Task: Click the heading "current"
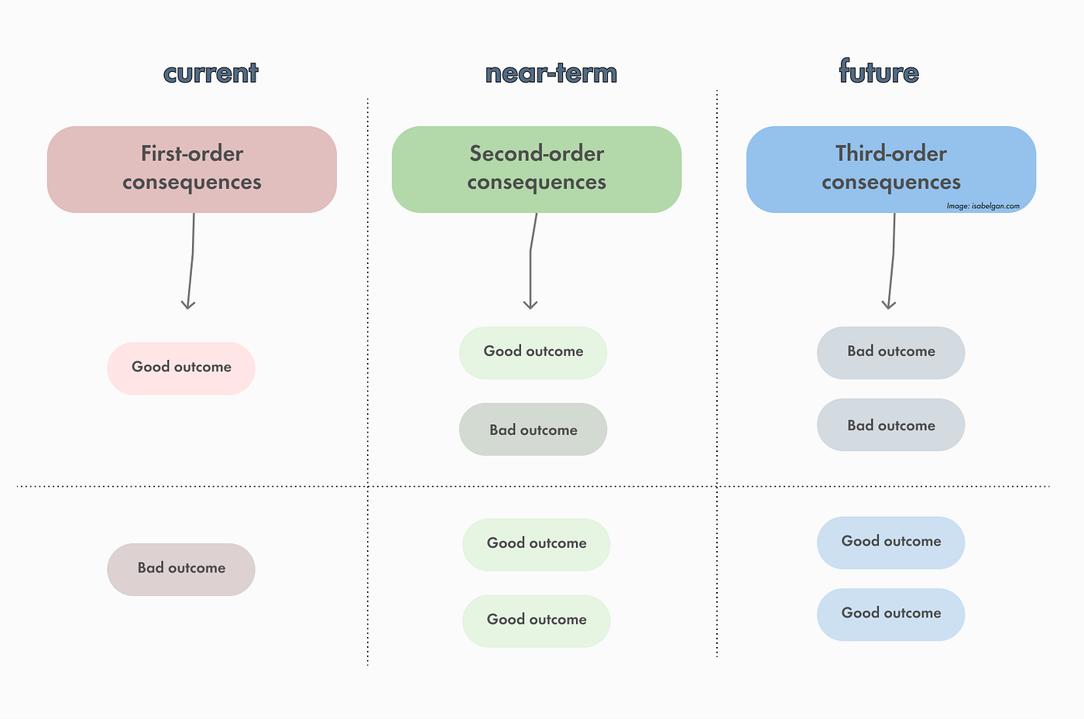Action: pos(211,73)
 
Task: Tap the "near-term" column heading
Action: pos(551,73)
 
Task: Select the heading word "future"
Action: pos(879,72)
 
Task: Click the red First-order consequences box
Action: pos(192,169)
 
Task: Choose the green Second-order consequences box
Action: pos(537,169)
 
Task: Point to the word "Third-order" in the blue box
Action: pos(890,153)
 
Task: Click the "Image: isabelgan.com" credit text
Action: pos(983,206)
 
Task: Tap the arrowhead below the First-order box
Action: pos(187,303)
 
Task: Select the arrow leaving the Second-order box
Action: pos(530,263)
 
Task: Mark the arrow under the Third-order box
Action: pos(892,263)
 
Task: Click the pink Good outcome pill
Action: pos(181,368)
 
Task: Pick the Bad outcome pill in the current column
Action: pos(181,569)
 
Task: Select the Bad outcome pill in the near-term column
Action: pos(533,430)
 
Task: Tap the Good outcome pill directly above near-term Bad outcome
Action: pos(533,352)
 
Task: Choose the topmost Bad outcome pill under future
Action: pos(890,352)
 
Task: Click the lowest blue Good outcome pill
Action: pos(890,614)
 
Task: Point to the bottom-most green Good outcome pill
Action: pos(536,620)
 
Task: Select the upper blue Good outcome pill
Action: pos(890,542)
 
